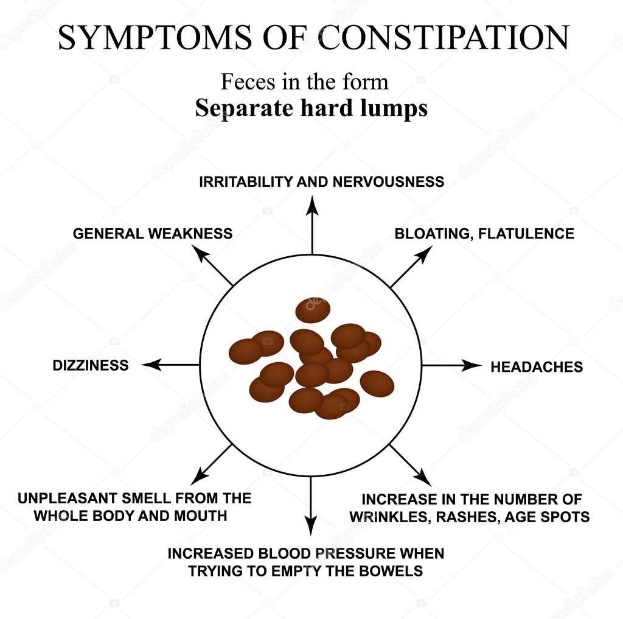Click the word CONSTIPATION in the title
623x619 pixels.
444,38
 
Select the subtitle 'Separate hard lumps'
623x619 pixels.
311,108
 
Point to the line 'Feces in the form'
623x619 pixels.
304,82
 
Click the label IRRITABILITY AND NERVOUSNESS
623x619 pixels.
321,182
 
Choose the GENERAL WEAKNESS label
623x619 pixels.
152,234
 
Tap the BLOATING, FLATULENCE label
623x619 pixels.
484,234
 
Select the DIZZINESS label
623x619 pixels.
91,366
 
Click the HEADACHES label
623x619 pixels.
537,367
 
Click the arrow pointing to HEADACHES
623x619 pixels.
451,365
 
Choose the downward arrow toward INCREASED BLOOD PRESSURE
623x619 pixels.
311,505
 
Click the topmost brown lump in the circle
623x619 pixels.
313,310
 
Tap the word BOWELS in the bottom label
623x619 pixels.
393,572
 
